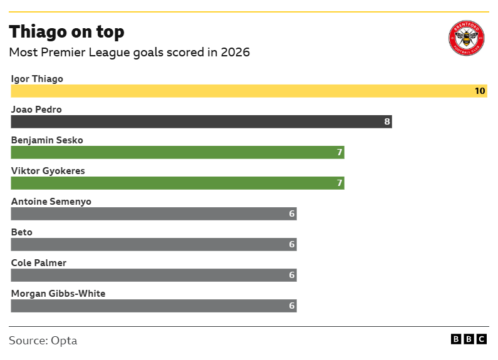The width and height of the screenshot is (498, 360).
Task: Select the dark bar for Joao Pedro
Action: tap(200, 122)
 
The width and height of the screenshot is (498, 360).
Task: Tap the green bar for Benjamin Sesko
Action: tap(177, 153)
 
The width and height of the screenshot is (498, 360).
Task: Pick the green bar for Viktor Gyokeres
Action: tap(177, 183)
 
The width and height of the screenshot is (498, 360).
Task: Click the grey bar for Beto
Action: tap(153, 245)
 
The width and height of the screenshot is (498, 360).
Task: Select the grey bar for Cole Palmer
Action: tap(153, 275)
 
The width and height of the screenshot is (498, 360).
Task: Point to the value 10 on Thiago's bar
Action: tap(479, 91)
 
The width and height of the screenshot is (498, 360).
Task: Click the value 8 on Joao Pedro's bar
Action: tap(387, 122)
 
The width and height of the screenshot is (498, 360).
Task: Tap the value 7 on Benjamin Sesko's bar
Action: tap(340, 153)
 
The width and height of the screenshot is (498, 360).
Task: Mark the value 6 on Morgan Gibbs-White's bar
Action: tap(291, 306)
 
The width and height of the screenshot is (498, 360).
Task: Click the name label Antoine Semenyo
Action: tap(51, 202)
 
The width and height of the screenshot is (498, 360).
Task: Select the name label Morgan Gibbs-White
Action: tap(58, 294)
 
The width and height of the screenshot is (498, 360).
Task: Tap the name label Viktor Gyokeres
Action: tap(48, 171)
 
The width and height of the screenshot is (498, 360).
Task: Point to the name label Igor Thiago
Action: tap(37, 79)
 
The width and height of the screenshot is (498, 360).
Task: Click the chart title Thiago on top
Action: tap(66, 32)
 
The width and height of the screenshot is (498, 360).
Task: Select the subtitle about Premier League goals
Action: tap(129, 53)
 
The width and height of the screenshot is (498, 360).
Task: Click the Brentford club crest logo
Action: tap(467, 39)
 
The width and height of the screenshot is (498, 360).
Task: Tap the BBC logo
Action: tap(469, 339)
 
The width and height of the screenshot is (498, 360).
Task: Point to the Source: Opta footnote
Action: tap(43, 341)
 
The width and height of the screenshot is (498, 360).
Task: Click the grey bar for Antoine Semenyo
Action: tap(153, 214)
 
